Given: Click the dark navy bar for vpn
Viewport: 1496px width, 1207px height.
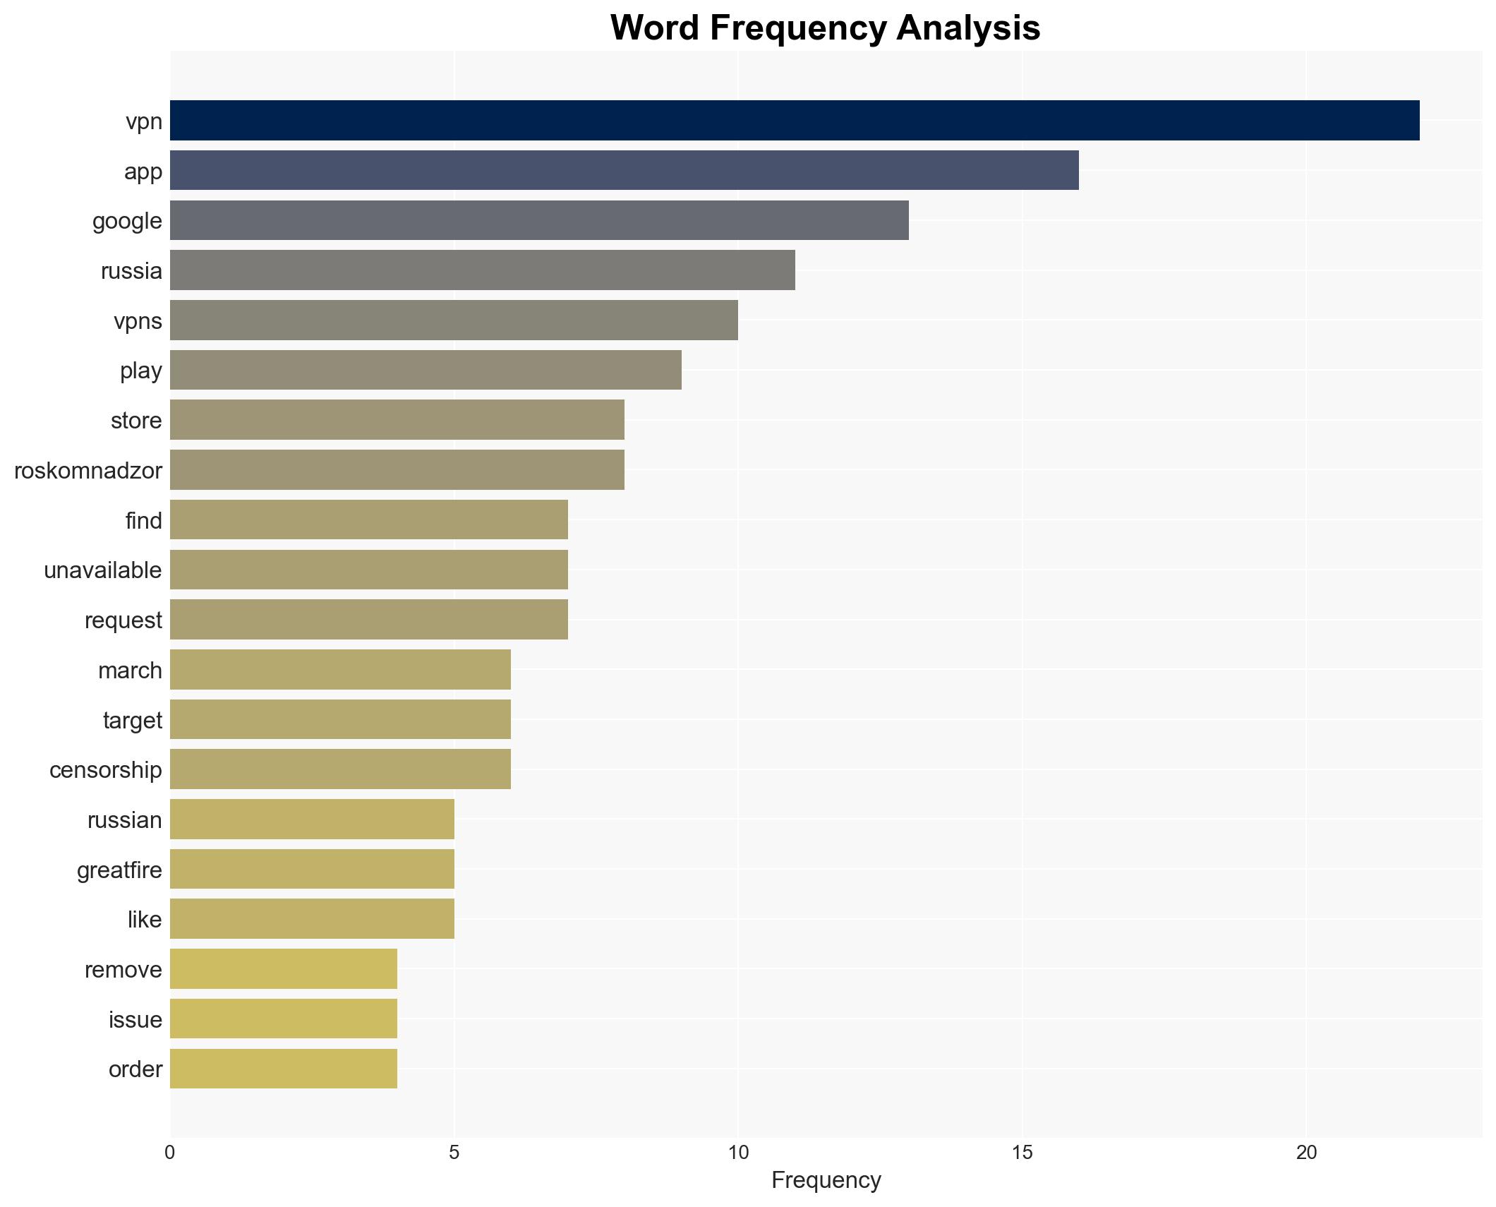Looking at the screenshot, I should tap(794, 121).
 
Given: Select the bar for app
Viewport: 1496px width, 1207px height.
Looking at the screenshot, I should tap(624, 170).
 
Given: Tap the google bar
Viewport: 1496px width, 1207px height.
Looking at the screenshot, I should tap(538, 220).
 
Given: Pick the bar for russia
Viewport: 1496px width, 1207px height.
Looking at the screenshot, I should tap(482, 270).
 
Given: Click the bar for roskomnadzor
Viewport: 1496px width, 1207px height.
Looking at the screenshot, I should tap(397, 470).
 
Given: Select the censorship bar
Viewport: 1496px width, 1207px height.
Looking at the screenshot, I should tap(340, 769).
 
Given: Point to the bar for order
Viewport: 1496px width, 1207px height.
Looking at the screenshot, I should tap(283, 1069).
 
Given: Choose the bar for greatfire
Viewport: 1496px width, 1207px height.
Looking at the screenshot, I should tap(312, 869).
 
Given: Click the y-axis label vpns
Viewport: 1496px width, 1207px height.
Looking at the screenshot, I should tap(138, 321).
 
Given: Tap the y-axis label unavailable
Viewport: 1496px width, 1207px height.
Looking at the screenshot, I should tap(103, 570).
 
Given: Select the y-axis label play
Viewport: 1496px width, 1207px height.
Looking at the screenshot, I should tap(141, 371).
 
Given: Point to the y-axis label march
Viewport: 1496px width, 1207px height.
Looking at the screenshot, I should tap(130, 670).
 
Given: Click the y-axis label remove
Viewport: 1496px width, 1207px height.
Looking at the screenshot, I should tap(123, 969).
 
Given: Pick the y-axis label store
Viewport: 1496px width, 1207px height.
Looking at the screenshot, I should tap(136, 421).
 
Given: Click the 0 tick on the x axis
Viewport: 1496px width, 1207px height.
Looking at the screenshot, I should tap(170, 1153).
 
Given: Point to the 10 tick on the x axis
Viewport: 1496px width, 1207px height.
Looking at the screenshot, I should tap(737, 1153).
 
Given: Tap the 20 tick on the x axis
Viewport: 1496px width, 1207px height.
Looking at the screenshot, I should tap(1306, 1153).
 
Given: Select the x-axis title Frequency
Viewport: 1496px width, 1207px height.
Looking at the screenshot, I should tap(826, 1180).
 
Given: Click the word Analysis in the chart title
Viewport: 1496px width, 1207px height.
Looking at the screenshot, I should tap(968, 28).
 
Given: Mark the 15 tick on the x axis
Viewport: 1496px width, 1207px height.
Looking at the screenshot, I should tap(1022, 1153).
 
